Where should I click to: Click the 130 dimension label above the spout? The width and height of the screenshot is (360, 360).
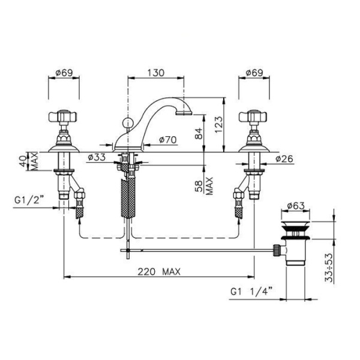(x=155, y=73)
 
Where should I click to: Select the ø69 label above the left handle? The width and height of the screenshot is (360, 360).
(x=64, y=73)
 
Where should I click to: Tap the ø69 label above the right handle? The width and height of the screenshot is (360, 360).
(x=254, y=73)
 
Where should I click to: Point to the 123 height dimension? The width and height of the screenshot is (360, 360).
(x=219, y=124)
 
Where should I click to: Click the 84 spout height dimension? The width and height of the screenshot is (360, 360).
(x=199, y=133)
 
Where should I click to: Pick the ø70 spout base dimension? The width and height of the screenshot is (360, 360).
(x=168, y=140)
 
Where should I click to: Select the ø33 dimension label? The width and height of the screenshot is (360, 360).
(x=97, y=157)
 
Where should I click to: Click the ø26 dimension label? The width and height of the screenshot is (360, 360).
(x=284, y=158)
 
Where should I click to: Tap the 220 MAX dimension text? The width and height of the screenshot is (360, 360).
(x=159, y=272)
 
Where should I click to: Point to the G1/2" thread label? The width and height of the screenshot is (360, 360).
(x=29, y=200)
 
